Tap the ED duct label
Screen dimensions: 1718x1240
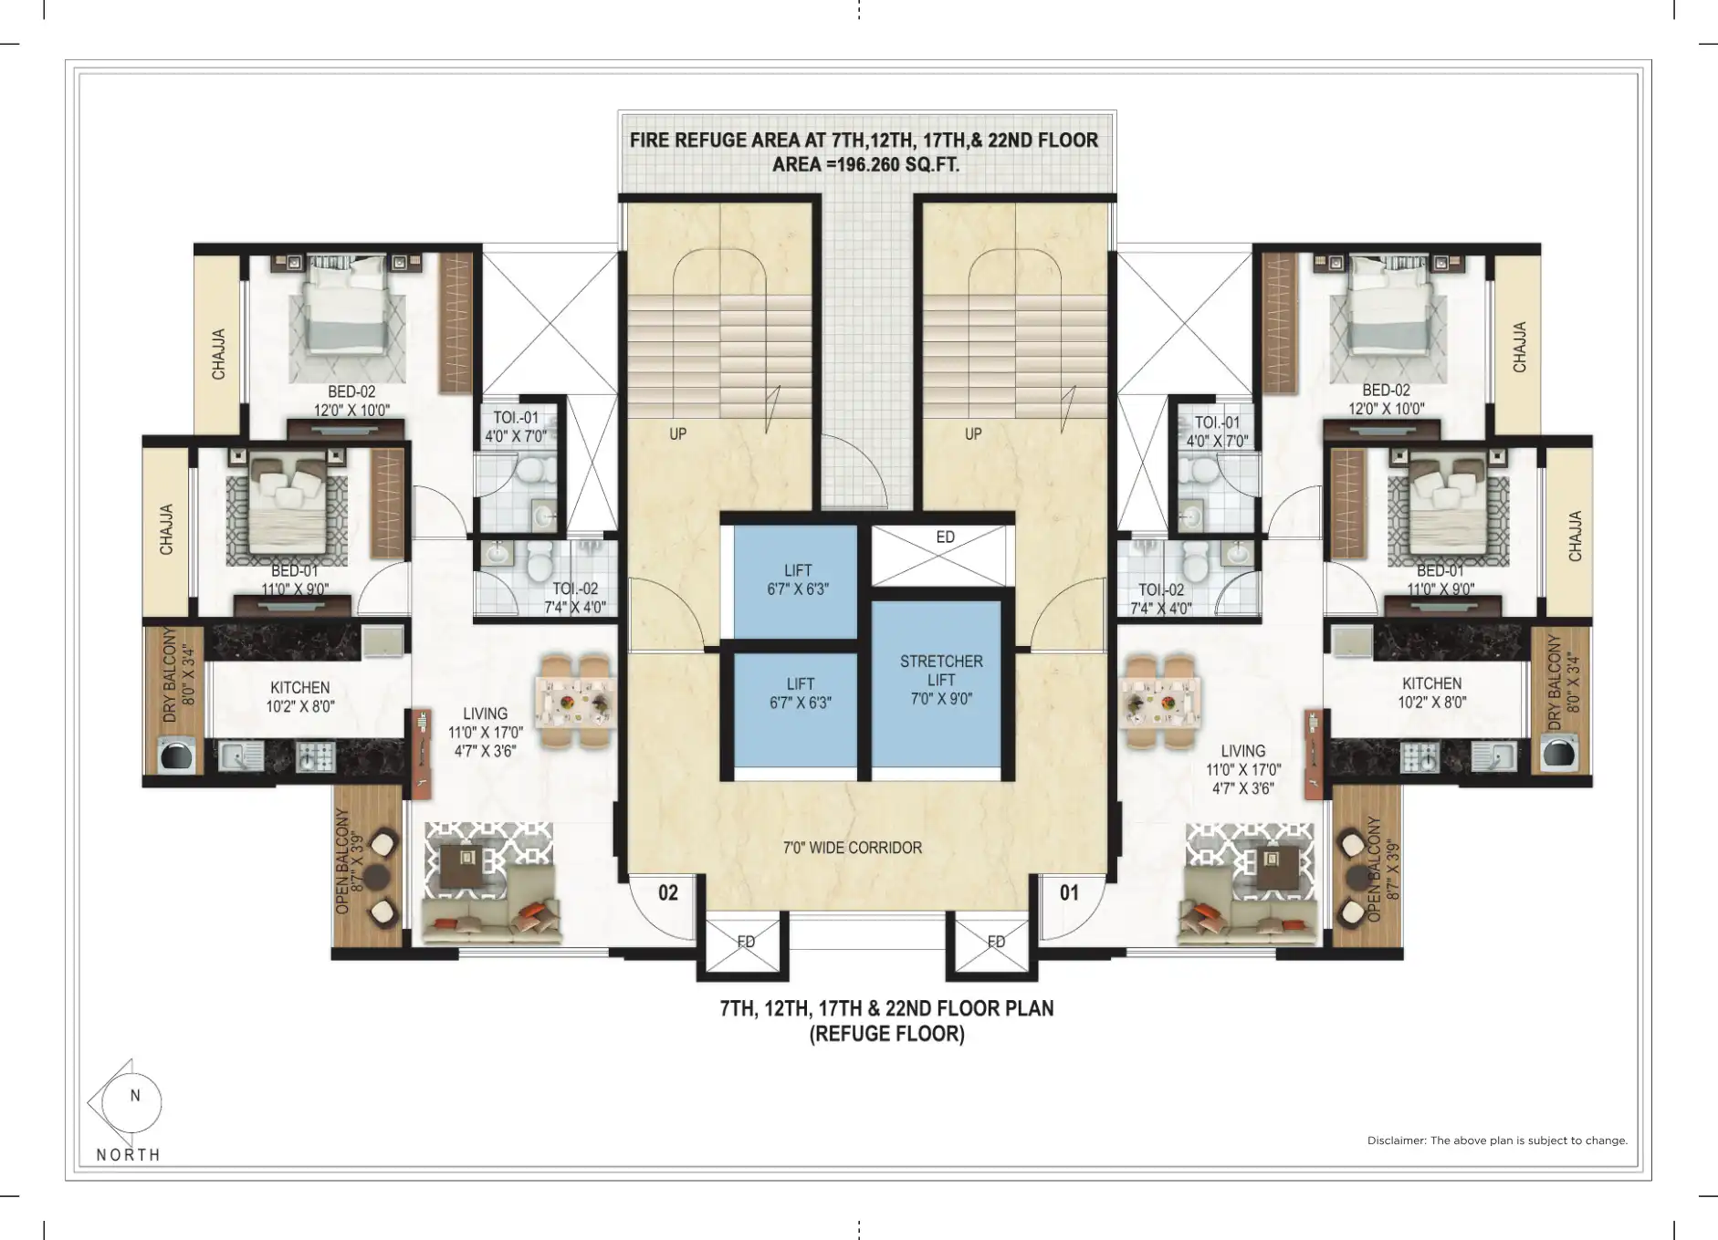coord(945,537)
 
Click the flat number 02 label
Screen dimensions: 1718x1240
coord(668,892)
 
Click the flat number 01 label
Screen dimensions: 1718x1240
coord(1069,892)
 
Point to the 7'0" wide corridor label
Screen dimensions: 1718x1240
coord(853,848)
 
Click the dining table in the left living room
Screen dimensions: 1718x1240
coord(576,701)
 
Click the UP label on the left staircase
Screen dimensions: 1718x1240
coord(677,434)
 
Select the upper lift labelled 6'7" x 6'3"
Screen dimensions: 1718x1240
coord(796,581)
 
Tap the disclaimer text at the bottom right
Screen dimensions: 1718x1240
coord(1497,1141)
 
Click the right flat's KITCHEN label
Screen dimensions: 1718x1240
coord(1431,683)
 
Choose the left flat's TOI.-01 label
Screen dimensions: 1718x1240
coord(516,418)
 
